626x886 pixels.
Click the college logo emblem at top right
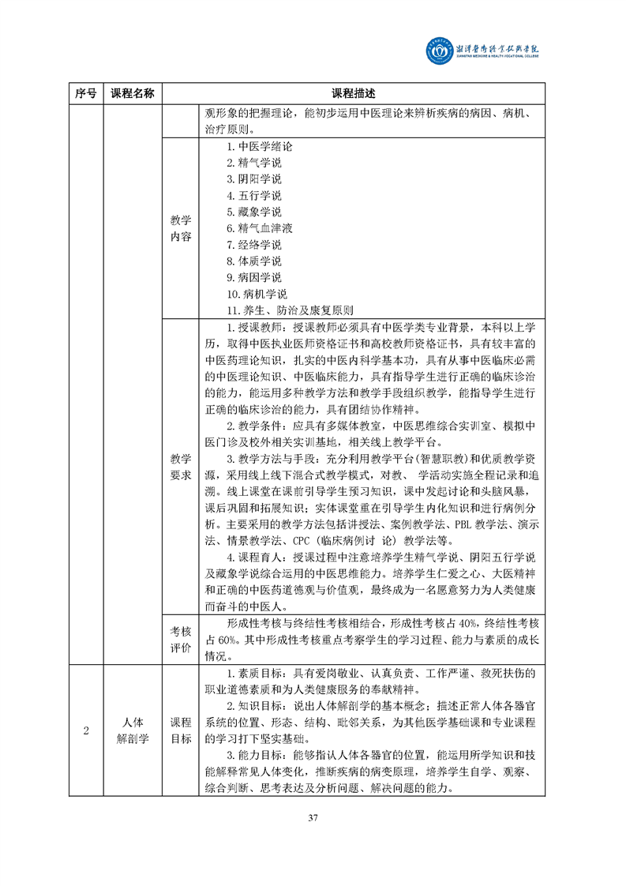tap(440, 51)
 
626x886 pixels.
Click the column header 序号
tap(84, 94)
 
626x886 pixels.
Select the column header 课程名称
tap(132, 94)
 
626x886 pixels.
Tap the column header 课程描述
tap(354, 94)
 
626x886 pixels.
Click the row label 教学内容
tap(181, 228)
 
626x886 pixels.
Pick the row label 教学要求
tap(181, 466)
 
